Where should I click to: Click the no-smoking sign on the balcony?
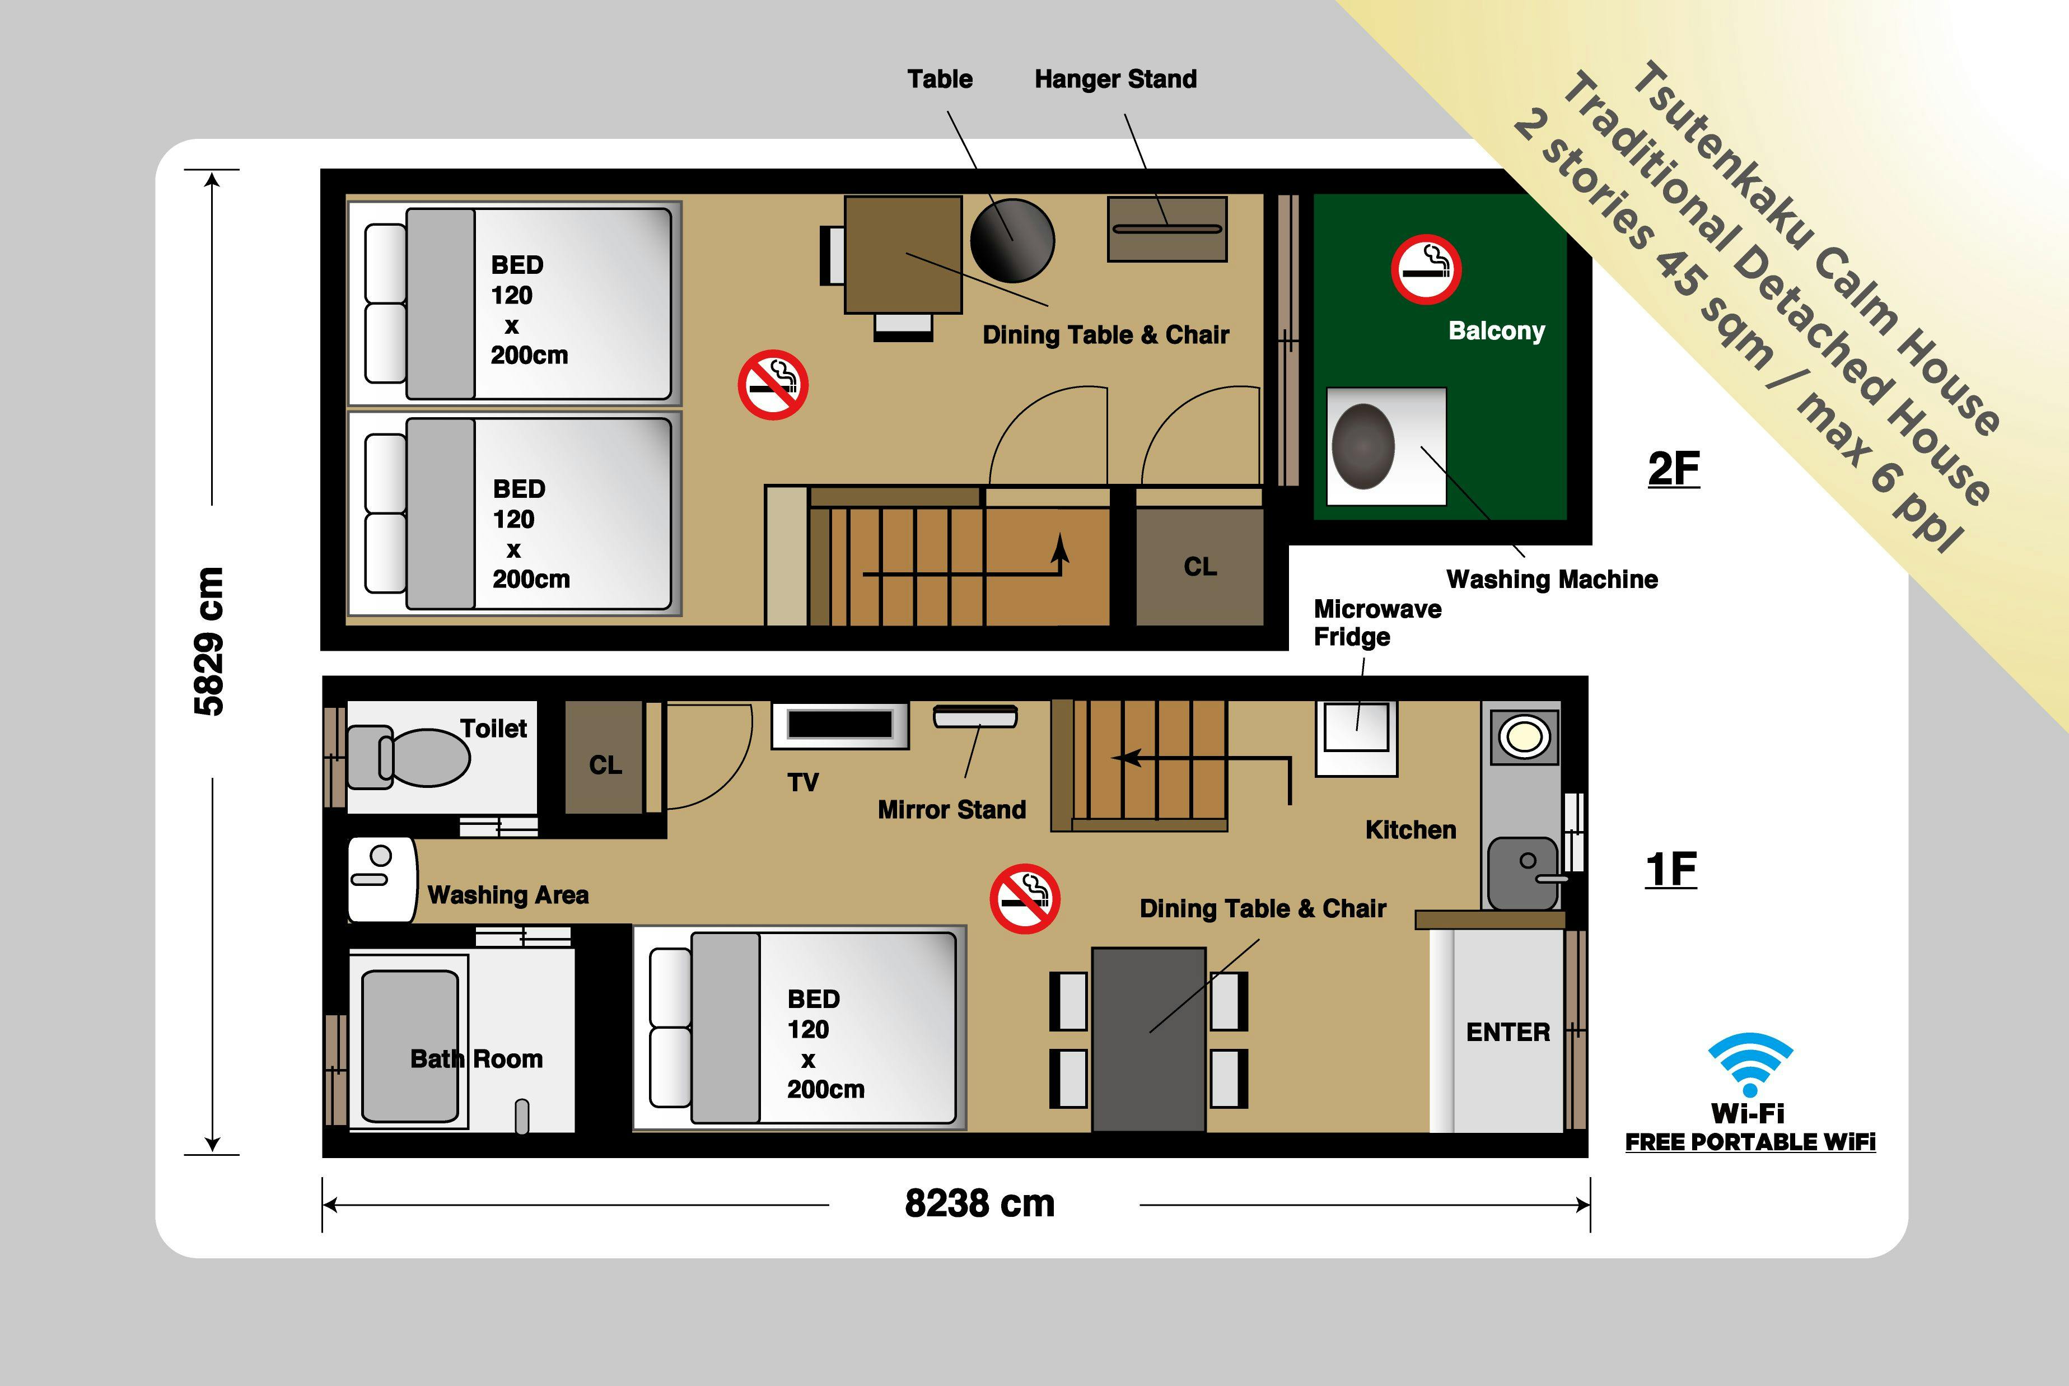click(1426, 269)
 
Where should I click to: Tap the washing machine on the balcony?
click(1386, 446)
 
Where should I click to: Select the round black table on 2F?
click(1012, 240)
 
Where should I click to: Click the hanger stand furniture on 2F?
click(1166, 229)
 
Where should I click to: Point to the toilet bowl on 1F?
click(409, 757)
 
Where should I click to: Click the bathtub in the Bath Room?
click(409, 1046)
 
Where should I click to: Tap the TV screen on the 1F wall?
click(839, 725)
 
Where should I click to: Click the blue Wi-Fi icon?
click(1750, 1064)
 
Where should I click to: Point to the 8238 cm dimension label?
click(979, 1203)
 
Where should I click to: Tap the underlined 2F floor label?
click(1673, 469)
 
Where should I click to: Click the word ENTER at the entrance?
click(1508, 1032)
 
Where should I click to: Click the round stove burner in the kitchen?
click(1524, 735)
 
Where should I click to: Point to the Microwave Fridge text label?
click(1377, 622)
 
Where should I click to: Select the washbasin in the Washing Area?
click(382, 880)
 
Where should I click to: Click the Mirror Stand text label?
click(952, 810)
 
